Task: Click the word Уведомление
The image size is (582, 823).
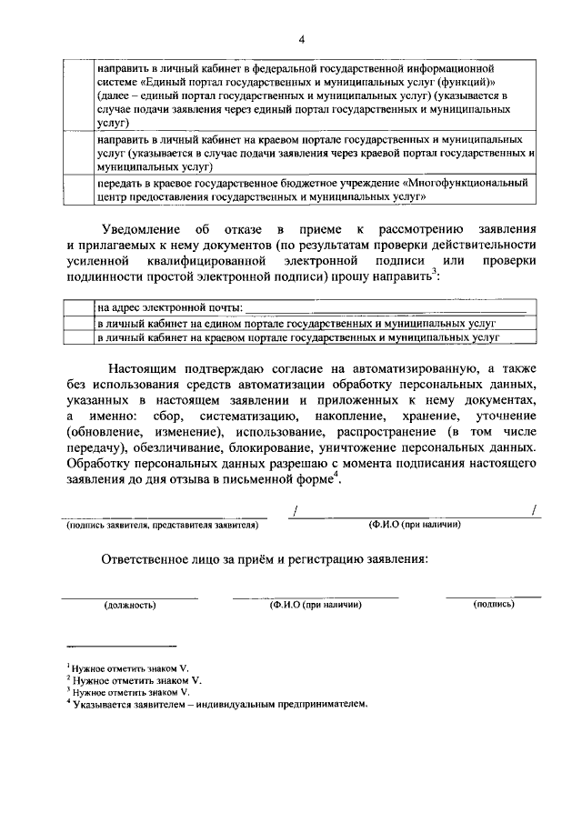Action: [142, 227]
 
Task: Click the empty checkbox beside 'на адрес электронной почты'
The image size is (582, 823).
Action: [79, 308]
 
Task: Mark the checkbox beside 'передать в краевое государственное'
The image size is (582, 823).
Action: [79, 189]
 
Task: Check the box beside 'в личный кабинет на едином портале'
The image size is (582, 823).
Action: [79, 323]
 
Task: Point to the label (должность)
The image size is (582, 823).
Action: [130, 605]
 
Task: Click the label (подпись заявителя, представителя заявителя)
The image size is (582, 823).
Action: [161, 526]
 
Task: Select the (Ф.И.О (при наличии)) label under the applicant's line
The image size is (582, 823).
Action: [414, 526]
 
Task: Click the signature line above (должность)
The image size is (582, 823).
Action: [130, 597]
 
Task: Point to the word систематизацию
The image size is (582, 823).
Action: [239, 416]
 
